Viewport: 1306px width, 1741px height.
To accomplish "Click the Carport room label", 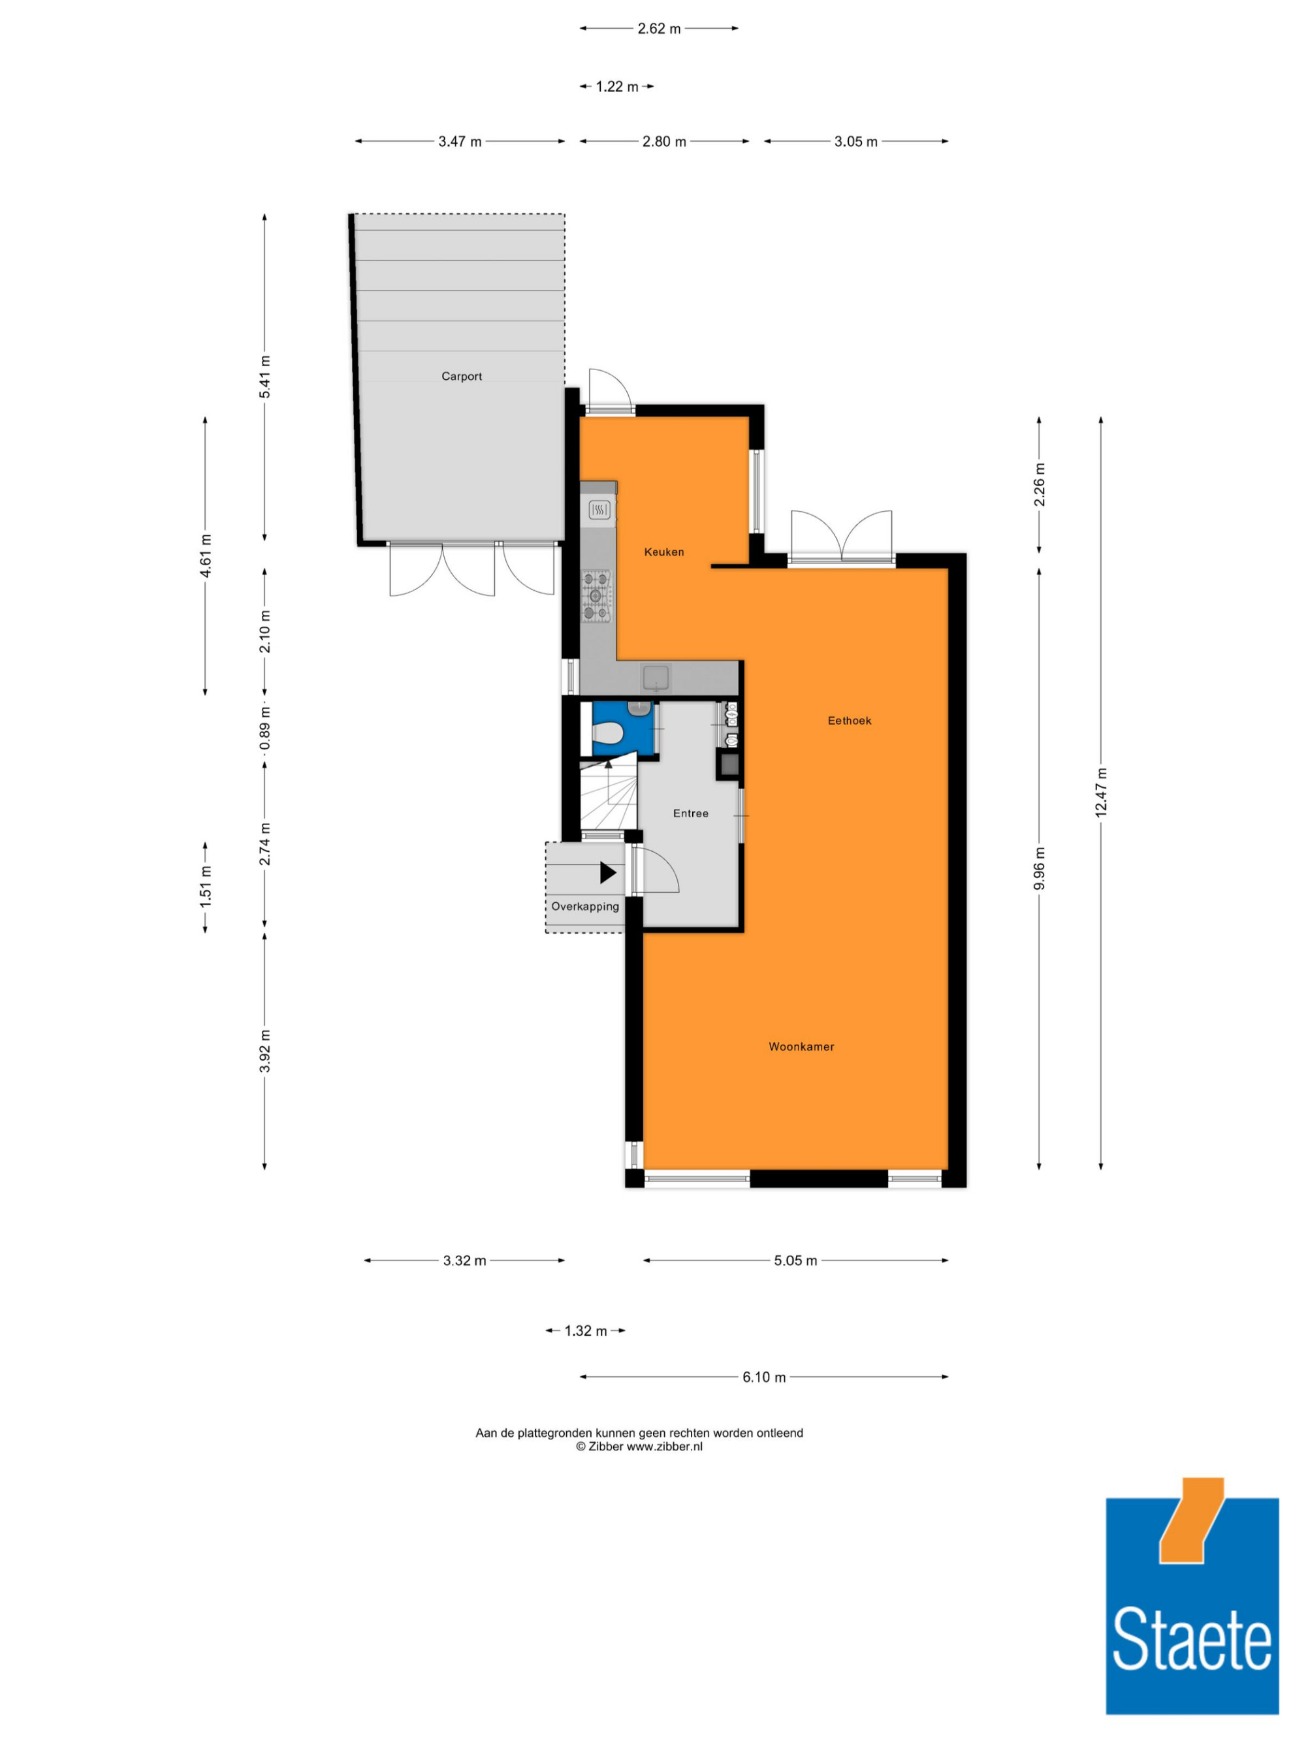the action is (x=461, y=376).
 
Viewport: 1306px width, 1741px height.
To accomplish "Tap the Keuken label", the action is (x=663, y=552).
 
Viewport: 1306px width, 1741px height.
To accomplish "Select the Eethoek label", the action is (x=850, y=720).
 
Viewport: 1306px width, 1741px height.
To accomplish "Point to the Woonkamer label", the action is (x=801, y=1046).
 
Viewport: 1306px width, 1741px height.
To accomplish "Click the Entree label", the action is (x=690, y=813).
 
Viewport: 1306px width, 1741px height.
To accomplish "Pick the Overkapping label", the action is (x=585, y=907).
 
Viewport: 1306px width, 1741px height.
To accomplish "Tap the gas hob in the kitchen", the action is (x=596, y=597).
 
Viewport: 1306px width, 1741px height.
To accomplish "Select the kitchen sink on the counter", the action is (x=656, y=677).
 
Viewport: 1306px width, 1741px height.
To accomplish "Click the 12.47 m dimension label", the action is (x=1100, y=792).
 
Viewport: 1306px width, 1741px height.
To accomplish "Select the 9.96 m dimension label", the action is (x=1039, y=869).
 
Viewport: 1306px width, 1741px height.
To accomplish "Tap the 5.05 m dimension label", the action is (x=795, y=1260).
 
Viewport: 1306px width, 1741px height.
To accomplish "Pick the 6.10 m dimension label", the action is (x=763, y=1377).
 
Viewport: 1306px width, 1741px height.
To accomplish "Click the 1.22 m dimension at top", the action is (x=616, y=87).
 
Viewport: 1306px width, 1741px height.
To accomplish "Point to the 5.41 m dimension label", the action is (x=264, y=376).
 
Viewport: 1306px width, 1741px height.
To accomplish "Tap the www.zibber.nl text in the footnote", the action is (x=664, y=1446).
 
